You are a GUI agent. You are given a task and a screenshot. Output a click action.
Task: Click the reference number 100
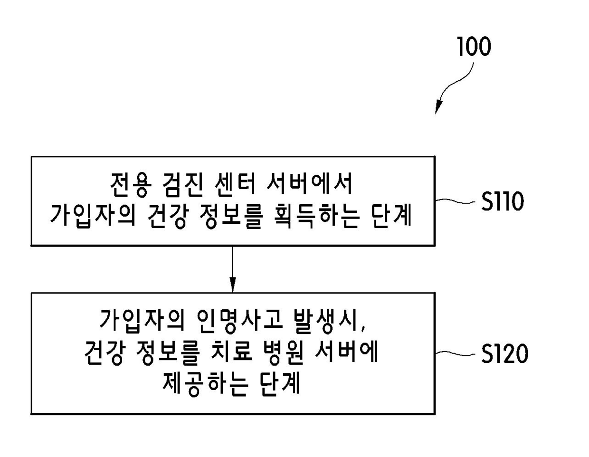click(x=474, y=47)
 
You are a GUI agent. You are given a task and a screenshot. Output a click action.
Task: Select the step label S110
click(x=502, y=201)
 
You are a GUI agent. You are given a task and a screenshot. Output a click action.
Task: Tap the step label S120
click(x=504, y=354)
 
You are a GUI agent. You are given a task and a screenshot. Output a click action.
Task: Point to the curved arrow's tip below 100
click(x=437, y=111)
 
